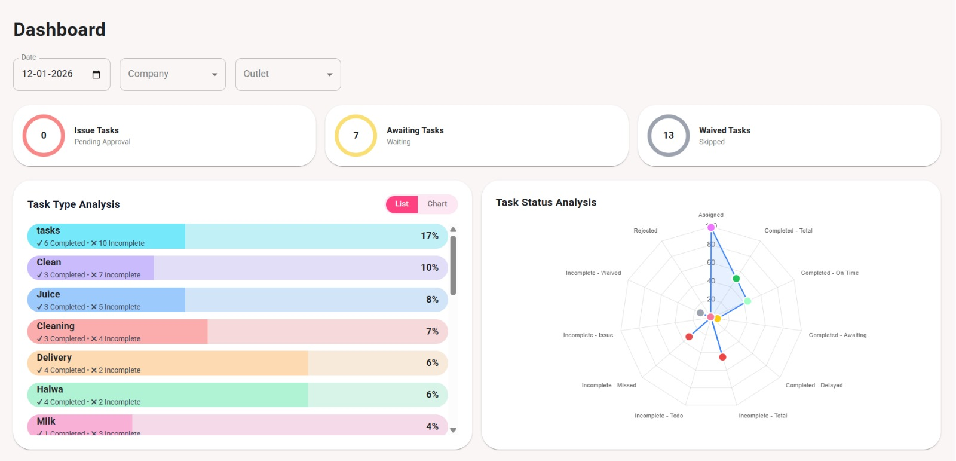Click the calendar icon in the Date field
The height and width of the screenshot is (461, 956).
96,74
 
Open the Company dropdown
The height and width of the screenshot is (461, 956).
172,74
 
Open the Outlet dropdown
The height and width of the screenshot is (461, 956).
287,74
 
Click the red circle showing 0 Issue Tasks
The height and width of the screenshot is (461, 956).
44,136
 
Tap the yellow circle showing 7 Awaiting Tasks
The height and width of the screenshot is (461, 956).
356,136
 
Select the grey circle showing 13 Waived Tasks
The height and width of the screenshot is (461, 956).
669,136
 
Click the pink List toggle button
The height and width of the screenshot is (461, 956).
402,204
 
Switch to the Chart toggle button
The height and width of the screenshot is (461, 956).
437,204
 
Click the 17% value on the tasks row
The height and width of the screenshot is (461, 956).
429,236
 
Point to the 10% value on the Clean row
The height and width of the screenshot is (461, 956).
429,267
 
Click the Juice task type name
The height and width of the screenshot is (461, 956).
48,294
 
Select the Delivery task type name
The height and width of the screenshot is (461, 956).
54,358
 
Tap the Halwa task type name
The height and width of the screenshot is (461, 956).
50,389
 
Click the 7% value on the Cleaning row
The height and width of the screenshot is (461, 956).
432,331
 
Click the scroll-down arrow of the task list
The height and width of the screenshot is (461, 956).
453,430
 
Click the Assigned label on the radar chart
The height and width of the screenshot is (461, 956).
710,215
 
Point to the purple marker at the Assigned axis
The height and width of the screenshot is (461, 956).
711,227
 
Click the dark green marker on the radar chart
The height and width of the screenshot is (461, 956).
736,279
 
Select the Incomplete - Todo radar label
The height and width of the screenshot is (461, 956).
658,416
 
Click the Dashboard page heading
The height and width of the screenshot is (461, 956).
59,29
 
